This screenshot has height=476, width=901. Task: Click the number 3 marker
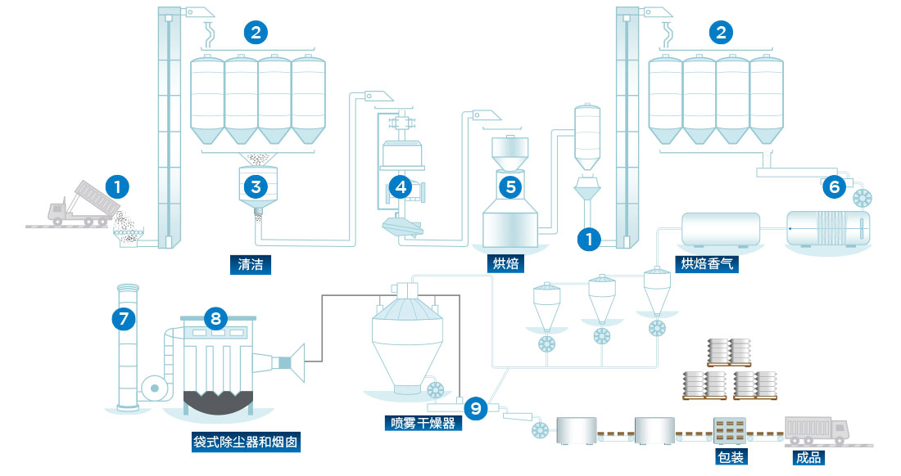click(x=256, y=186)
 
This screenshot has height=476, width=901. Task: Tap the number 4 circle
click(x=401, y=186)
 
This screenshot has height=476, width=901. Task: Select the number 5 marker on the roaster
click(x=511, y=186)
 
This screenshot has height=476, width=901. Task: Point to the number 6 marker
click(x=835, y=186)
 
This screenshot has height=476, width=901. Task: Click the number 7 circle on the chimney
click(x=124, y=320)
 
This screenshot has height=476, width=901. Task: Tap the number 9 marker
click(x=475, y=406)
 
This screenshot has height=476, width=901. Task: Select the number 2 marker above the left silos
click(x=256, y=33)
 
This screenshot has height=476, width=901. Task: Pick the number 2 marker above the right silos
click(x=721, y=33)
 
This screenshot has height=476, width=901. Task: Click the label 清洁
click(x=250, y=264)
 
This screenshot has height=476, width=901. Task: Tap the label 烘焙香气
click(x=704, y=264)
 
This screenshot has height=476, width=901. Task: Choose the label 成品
click(x=808, y=457)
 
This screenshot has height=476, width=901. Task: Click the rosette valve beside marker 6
click(x=863, y=198)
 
